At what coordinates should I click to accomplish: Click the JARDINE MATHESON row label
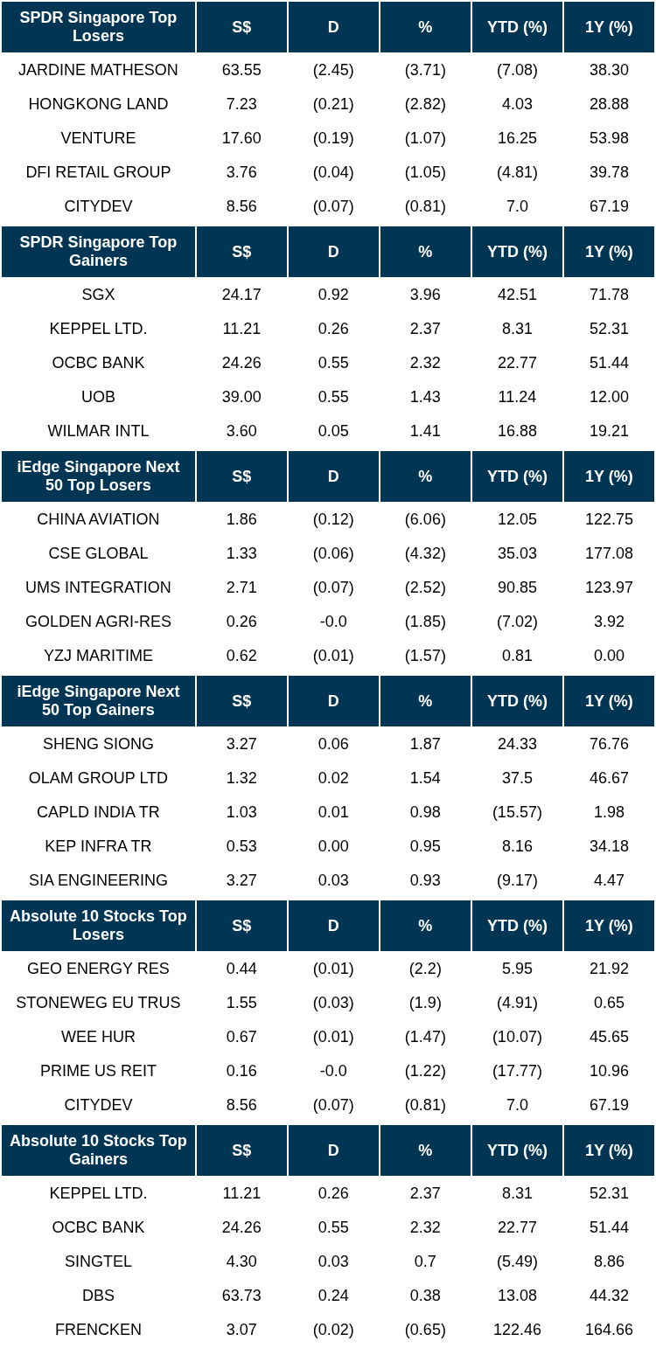[x=98, y=70]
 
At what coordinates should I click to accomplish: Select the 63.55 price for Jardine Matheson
[x=241, y=70]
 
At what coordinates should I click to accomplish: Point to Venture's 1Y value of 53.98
[x=609, y=138]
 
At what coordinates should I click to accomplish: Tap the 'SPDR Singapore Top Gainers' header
[x=98, y=251]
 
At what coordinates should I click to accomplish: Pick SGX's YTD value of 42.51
[x=517, y=295]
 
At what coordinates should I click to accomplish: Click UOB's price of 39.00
[x=241, y=397]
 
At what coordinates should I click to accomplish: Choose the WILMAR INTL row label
[x=98, y=431]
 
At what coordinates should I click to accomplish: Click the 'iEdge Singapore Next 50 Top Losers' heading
[x=98, y=476]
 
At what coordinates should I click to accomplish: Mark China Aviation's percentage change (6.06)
[x=425, y=518]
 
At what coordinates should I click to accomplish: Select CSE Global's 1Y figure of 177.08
[x=609, y=553]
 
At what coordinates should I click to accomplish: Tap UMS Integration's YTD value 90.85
[x=517, y=587]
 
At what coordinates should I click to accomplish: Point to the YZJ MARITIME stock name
[x=98, y=656]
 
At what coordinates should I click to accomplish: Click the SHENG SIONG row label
[x=98, y=744]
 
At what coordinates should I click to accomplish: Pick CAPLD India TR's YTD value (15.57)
[x=517, y=812]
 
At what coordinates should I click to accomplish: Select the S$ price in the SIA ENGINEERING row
[x=241, y=879]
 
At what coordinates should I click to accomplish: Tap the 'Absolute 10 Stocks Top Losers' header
[x=98, y=925]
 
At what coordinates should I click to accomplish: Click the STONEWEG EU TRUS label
[x=98, y=1002]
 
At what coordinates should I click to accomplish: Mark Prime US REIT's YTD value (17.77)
[x=517, y=1071]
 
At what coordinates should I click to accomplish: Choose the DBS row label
[x=98, y=1295]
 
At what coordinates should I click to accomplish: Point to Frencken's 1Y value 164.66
[x=609, y=1330]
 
